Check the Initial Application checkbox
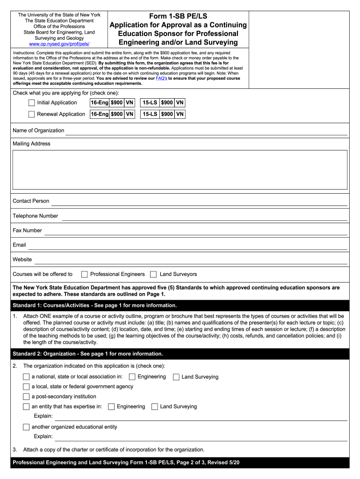point(31,103)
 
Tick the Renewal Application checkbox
point(31,114)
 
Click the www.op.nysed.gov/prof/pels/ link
point(59,44)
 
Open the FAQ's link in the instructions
point(161,79)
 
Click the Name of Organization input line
point(206,131)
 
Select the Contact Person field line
point(199,202)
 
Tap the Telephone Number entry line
point(204,217)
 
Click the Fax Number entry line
point(195,231)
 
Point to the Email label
point(19,245)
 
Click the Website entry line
point(190,260)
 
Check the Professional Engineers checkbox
point(85,274)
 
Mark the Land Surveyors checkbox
point(153,274)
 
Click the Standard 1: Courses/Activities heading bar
point(180,305)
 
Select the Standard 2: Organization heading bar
point(180,354)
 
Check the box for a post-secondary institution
point(26,397)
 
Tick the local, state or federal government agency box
point(26,387)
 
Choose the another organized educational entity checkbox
point(26,427)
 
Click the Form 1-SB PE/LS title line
point(178,16)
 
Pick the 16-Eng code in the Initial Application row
point(99,103)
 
